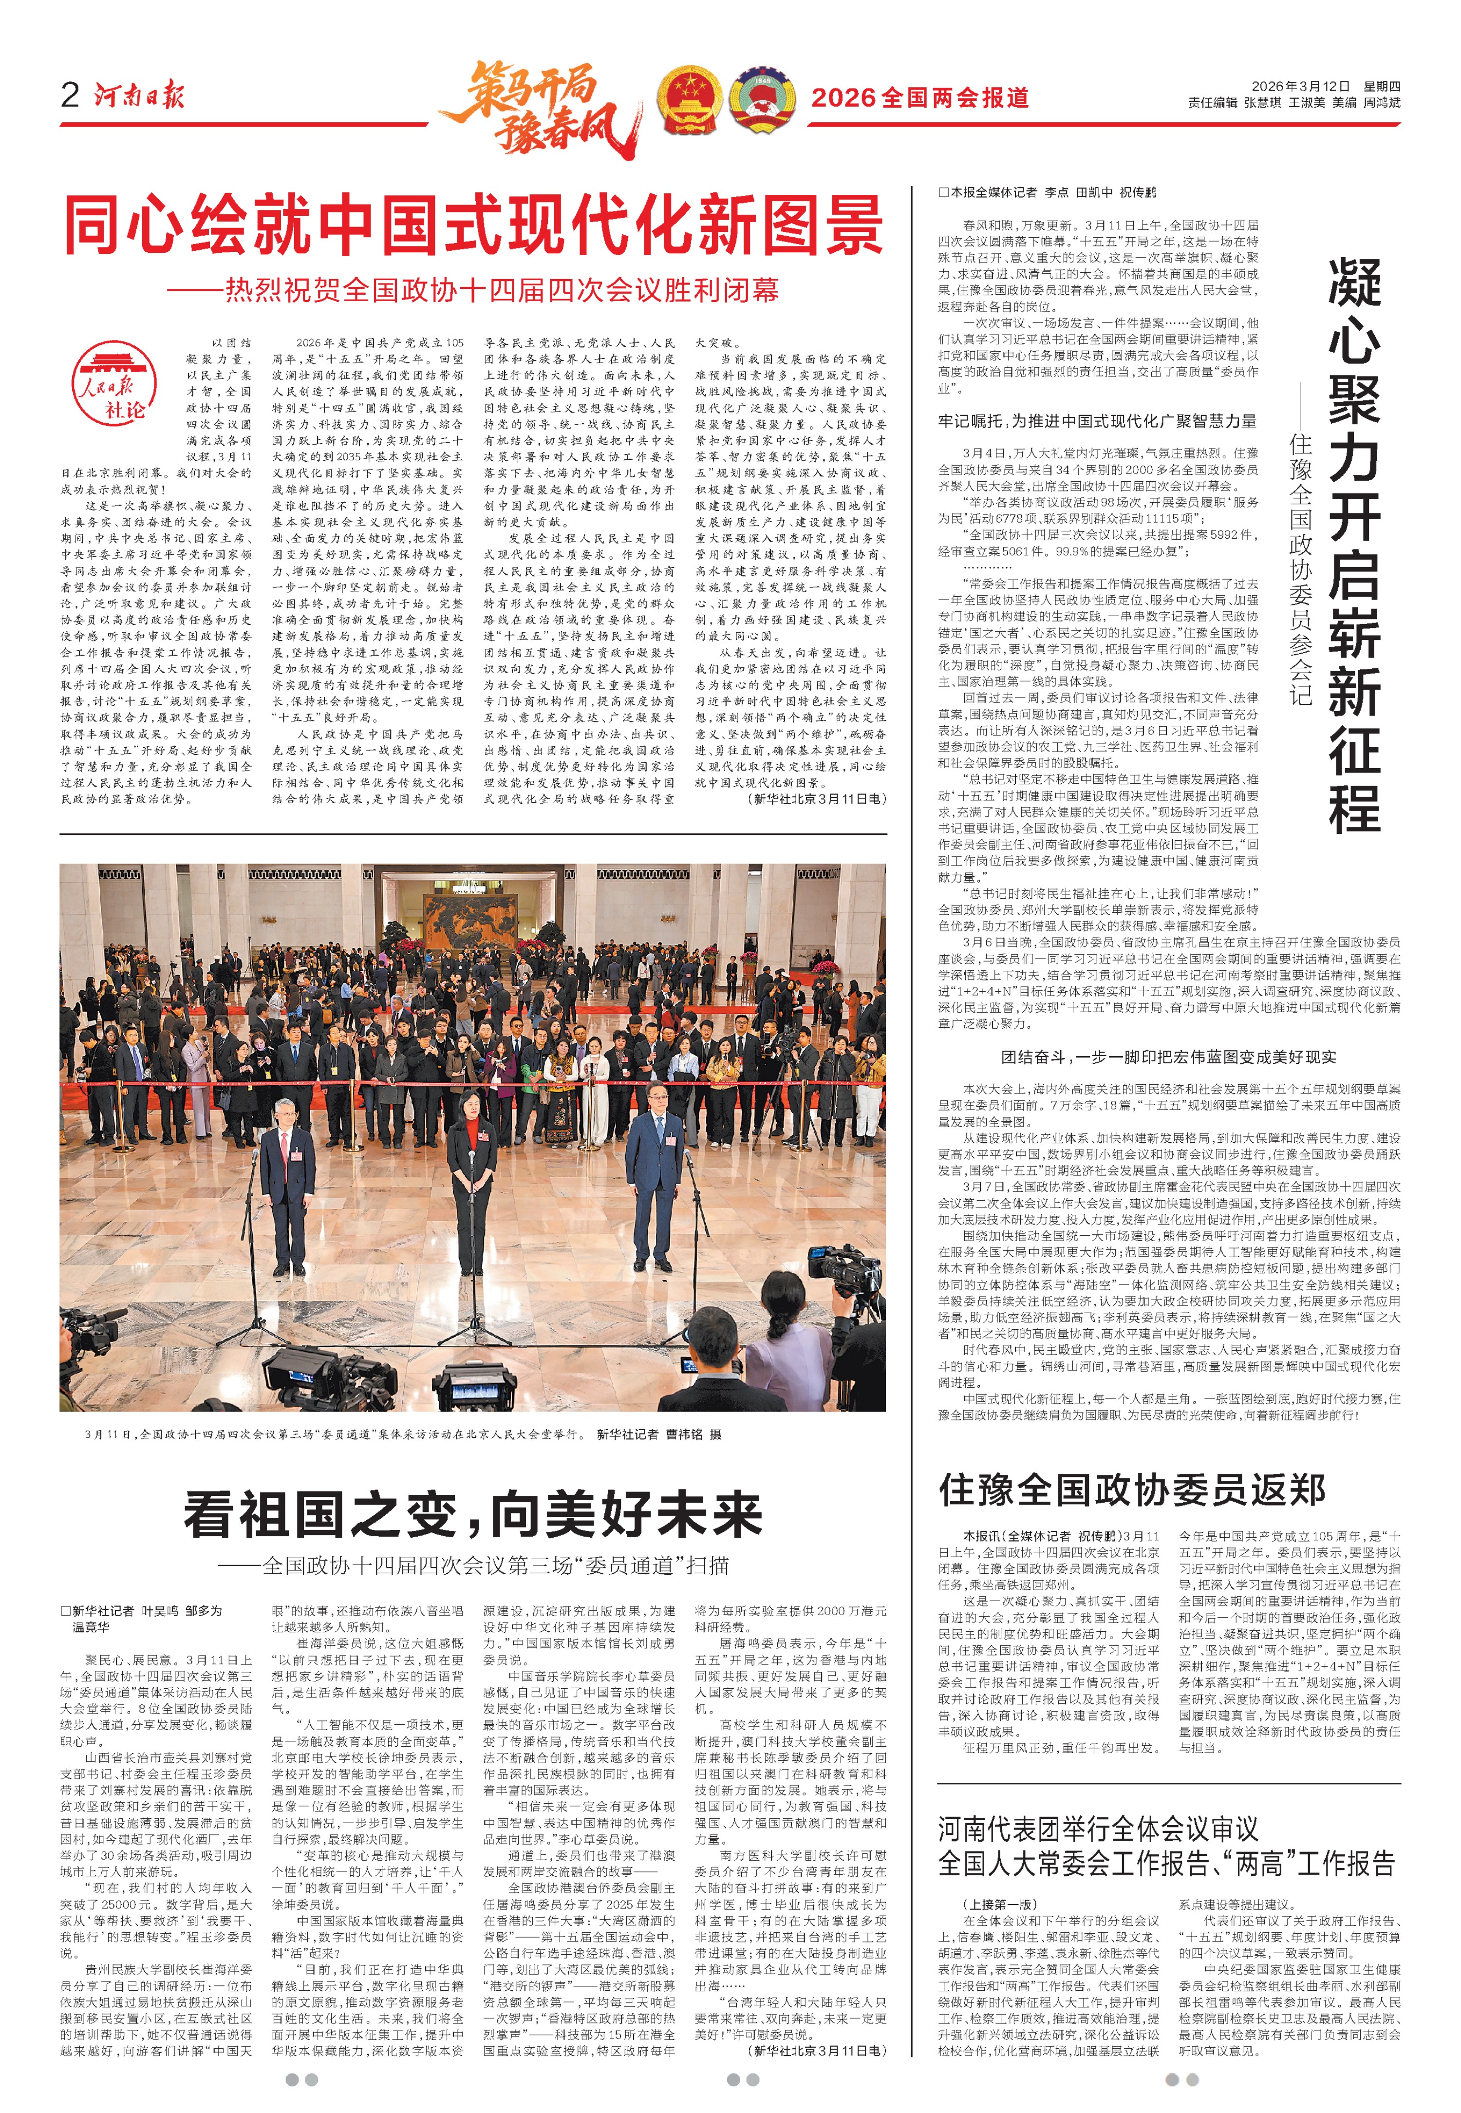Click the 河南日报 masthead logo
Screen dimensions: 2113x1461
coord(139,95)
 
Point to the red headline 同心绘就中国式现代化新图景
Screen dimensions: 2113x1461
coord(473,225)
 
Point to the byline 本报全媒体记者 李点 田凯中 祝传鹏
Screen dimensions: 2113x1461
coord(1047,192)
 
